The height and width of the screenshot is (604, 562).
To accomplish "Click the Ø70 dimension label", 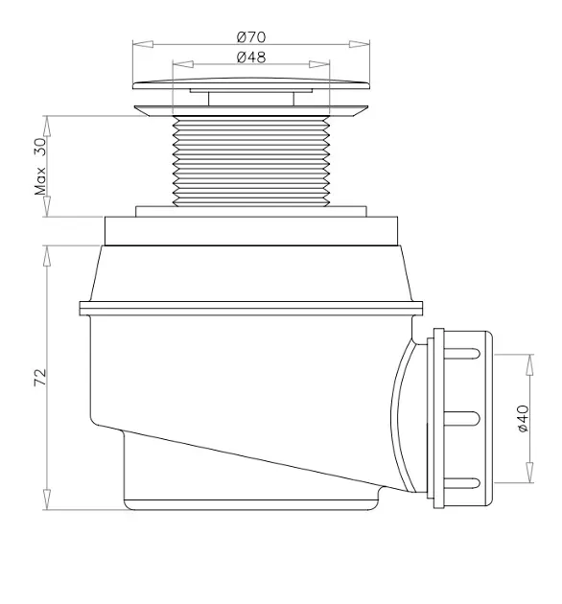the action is (251, 37).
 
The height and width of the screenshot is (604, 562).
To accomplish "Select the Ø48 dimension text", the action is (251, 58).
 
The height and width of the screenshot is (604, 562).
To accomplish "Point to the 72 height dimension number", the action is (40, 377).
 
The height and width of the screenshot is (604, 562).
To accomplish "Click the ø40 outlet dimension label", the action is (523, 418).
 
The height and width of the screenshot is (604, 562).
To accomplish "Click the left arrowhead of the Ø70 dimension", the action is (143, 44).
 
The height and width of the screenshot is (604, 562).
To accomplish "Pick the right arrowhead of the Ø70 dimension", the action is (360, 44).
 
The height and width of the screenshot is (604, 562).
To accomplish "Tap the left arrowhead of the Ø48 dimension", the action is (183, 64).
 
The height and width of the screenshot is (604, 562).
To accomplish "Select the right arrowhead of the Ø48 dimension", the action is (319, 64).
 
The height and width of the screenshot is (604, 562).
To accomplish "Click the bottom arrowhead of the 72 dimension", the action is (47, 499).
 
